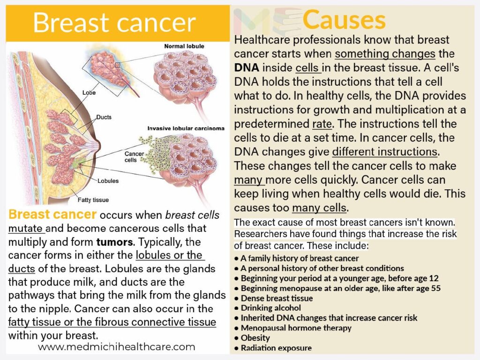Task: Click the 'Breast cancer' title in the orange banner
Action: point(114,22)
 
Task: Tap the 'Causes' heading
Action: point(344,20)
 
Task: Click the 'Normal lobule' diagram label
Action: point(184,46)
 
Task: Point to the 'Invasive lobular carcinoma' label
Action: point(186,127)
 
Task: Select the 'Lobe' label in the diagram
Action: point(89,93)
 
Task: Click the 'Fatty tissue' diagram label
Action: point(93,200)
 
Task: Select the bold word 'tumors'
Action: point(115,242)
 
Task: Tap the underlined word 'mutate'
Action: point(25,229)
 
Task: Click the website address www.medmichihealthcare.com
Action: point(117,347)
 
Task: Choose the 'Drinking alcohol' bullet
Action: point(270,308)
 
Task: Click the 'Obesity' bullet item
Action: point(255,338)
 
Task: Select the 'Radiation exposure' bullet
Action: point(276,348)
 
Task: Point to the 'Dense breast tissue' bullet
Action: point(277,298)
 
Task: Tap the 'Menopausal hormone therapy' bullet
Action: point(296,328)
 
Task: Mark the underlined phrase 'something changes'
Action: point(385,53)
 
